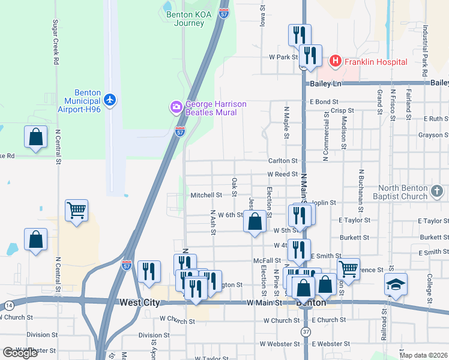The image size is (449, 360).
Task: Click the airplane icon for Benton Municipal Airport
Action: pyautogui.click(x=109, y=99)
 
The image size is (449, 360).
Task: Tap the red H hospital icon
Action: pyautogui.click(x=335, y=61)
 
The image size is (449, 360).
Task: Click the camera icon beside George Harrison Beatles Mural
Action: pyautogui.click(x=176, y=108)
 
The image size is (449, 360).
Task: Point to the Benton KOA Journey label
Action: pyautogui.click(x=188, y=18)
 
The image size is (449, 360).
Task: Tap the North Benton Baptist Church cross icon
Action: pyautogui.click(x=437, y=192)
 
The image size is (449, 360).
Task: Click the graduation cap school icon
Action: pyautogui.click(x=396, y=284)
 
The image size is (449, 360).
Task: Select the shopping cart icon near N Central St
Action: pyautogui.click(x=76, y=211)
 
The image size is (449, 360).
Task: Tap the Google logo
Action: pyautogui.click(x=20, y=353)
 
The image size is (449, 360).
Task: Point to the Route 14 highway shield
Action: pyautogui.click(x=8, y=305)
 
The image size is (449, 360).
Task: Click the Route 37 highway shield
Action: pyautogui.click(x=306, y=332)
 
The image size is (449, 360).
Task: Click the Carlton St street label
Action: pyautogui.click(x=283, y=161)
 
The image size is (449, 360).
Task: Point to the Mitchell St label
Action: pyautogui.click(x=206, y=195)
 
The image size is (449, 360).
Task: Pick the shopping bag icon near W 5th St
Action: pyautogui.click(x=255, y=221)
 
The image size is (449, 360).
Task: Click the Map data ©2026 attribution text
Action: pyautogui.click(x=424, y=355)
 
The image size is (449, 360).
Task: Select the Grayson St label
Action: pyautogui.click(x=430, y=135)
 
